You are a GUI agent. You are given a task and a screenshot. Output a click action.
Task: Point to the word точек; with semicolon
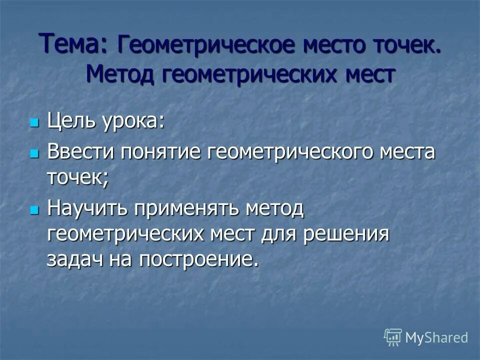(x=77, y=177)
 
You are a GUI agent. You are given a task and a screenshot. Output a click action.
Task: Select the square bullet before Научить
(x=34, y=209)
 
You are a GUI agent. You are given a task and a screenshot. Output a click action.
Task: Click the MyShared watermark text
(x=436, y=338)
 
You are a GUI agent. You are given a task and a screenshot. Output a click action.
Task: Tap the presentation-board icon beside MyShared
(x=393, y=337)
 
